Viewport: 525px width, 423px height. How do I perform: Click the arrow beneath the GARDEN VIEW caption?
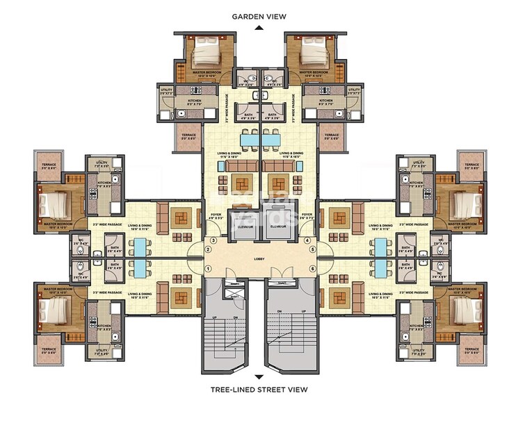[259, 28]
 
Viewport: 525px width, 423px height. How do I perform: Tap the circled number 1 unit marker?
[207, 268]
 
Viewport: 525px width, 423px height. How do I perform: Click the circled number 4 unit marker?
[307, 240]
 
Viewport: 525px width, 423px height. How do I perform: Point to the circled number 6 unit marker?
[313, 268]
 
